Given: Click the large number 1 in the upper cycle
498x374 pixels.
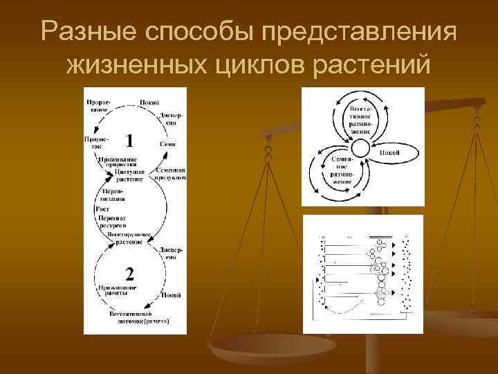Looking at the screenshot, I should click(129, 141).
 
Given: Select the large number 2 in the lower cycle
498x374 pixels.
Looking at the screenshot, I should click(129, 270).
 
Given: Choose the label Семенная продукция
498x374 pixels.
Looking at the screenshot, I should click(170, 174).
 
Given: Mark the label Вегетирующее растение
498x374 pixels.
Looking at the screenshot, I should click(125, 239).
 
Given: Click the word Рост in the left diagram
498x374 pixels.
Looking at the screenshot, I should click(102, 209).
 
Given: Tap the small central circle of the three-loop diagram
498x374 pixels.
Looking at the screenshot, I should click(360, 148).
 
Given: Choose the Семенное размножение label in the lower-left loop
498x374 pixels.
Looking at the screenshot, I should click(341, 168).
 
